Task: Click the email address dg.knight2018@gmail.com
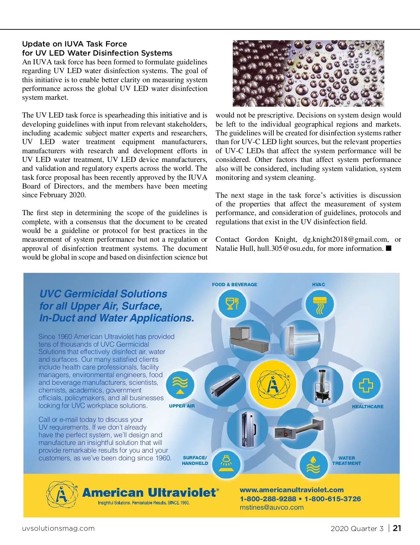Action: pos(345,240)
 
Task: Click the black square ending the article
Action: pos(388,248)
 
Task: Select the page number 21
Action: pos(397,528)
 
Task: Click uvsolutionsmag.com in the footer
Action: pos(58,528)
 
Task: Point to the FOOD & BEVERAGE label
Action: pos(234,285)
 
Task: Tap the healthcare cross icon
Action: pos(366,385)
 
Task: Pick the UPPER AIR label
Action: pos(182,406)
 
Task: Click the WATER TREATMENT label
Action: pos(346,460)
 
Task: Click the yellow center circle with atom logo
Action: pos(273,384)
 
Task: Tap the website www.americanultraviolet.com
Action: pos(292,490)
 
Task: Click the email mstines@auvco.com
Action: pos(272,508)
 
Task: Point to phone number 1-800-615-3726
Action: pos(332,499)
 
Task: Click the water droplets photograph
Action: pos(308,73)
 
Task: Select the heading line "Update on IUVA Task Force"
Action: pos(75,44)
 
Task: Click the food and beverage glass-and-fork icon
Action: pos(232,304)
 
